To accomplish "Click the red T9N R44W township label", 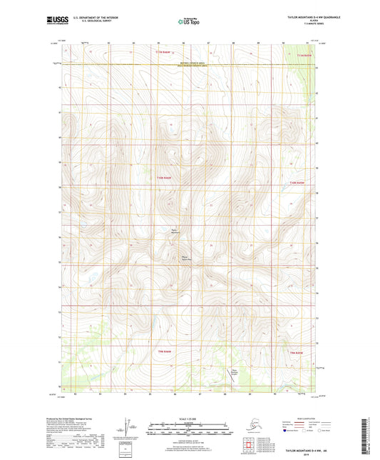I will pyautogui.click(x=165, y=352).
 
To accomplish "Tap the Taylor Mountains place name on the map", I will pyautogui.click(x=175, y=230).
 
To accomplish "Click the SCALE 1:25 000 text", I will pyautogui.click(x=189, y=418).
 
